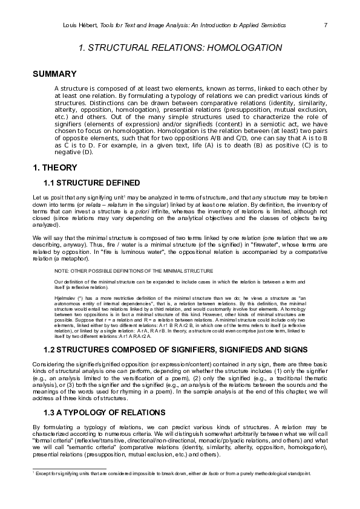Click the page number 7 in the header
(326, 25)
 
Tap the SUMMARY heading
(54, 74)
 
